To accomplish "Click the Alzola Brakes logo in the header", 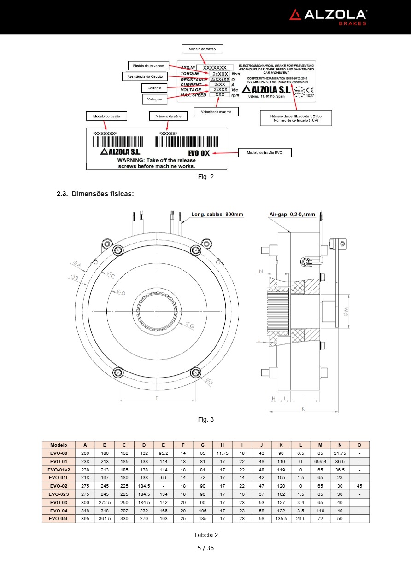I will (328, 17).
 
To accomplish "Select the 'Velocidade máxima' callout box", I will (216, 111).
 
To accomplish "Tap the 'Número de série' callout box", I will (168, 116).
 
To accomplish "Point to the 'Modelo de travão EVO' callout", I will (264, 152).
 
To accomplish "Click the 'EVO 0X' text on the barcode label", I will (199, 153).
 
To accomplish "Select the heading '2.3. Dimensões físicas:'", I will (95, 194).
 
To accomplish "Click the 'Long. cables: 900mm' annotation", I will (217, 214).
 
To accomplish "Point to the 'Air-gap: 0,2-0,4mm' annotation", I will (292, 214).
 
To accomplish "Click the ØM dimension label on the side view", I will (346, 312).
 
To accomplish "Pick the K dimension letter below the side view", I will (303, 408).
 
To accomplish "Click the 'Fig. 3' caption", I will (205, 419).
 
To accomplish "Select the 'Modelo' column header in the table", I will (59, 445).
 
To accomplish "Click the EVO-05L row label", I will (59, 518).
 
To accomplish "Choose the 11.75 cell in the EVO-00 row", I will (222, 453).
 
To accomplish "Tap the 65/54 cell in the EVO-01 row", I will (320, 461).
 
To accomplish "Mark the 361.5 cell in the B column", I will (105, 518).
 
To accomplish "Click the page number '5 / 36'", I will (205, 548).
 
